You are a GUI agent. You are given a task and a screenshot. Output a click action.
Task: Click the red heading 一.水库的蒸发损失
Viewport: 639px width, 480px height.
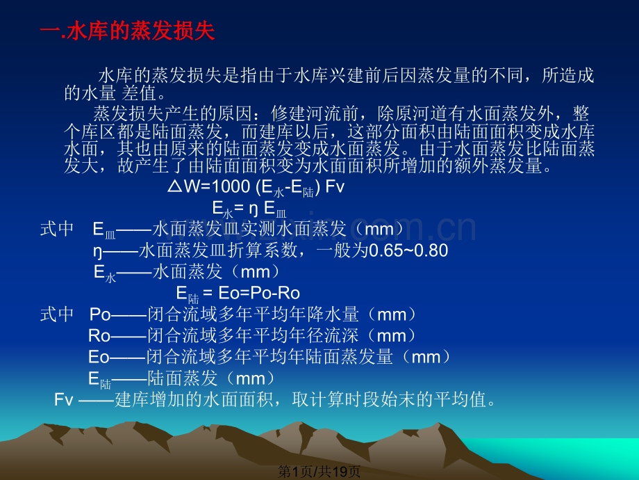[x=128, y=32]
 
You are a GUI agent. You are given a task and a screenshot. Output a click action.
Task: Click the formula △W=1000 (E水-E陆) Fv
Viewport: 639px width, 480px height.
[x=256, y=188]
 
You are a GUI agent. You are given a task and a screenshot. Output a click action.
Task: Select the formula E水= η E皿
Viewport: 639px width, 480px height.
[x=249, y=208]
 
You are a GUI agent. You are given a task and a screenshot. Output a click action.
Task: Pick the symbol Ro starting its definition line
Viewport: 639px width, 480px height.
[x=99, y=336]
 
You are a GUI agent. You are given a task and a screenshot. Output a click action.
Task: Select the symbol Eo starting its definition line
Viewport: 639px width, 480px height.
[x=99, y=358]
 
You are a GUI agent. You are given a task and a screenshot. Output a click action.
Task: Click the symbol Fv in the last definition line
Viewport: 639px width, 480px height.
[x=64, y=400]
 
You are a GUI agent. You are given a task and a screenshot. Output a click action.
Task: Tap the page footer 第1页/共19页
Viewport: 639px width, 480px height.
[x=319, y=471]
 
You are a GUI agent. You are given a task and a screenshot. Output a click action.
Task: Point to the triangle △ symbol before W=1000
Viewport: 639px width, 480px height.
[x=175, y=188]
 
